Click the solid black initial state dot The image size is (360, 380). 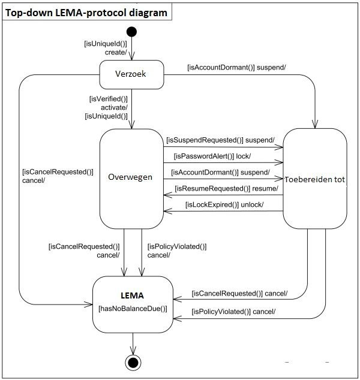tap(131, 32)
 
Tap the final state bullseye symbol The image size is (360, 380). tap(133, 363)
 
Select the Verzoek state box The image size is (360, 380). tap(131, 75)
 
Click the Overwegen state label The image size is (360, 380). tap(130, 177)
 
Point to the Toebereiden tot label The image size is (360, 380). tap(314, 179)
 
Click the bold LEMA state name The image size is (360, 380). tap(132, 295)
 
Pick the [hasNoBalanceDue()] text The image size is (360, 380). tap(133, 309)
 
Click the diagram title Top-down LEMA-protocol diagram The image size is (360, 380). tap(86, 13)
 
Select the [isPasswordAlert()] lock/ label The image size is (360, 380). tap(212, 156)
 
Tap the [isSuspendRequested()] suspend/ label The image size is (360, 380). tap(221, 140)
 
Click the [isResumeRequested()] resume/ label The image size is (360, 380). tap(227, 189)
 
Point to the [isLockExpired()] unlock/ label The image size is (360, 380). tap(224, 205)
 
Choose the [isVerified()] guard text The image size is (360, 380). tap(109, 99)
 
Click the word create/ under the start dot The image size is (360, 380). tap(116, 52)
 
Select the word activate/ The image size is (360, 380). tap(114, 107)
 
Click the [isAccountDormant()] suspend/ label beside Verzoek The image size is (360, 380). tap(236, 67)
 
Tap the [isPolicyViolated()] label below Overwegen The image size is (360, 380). tap(177, 246)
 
